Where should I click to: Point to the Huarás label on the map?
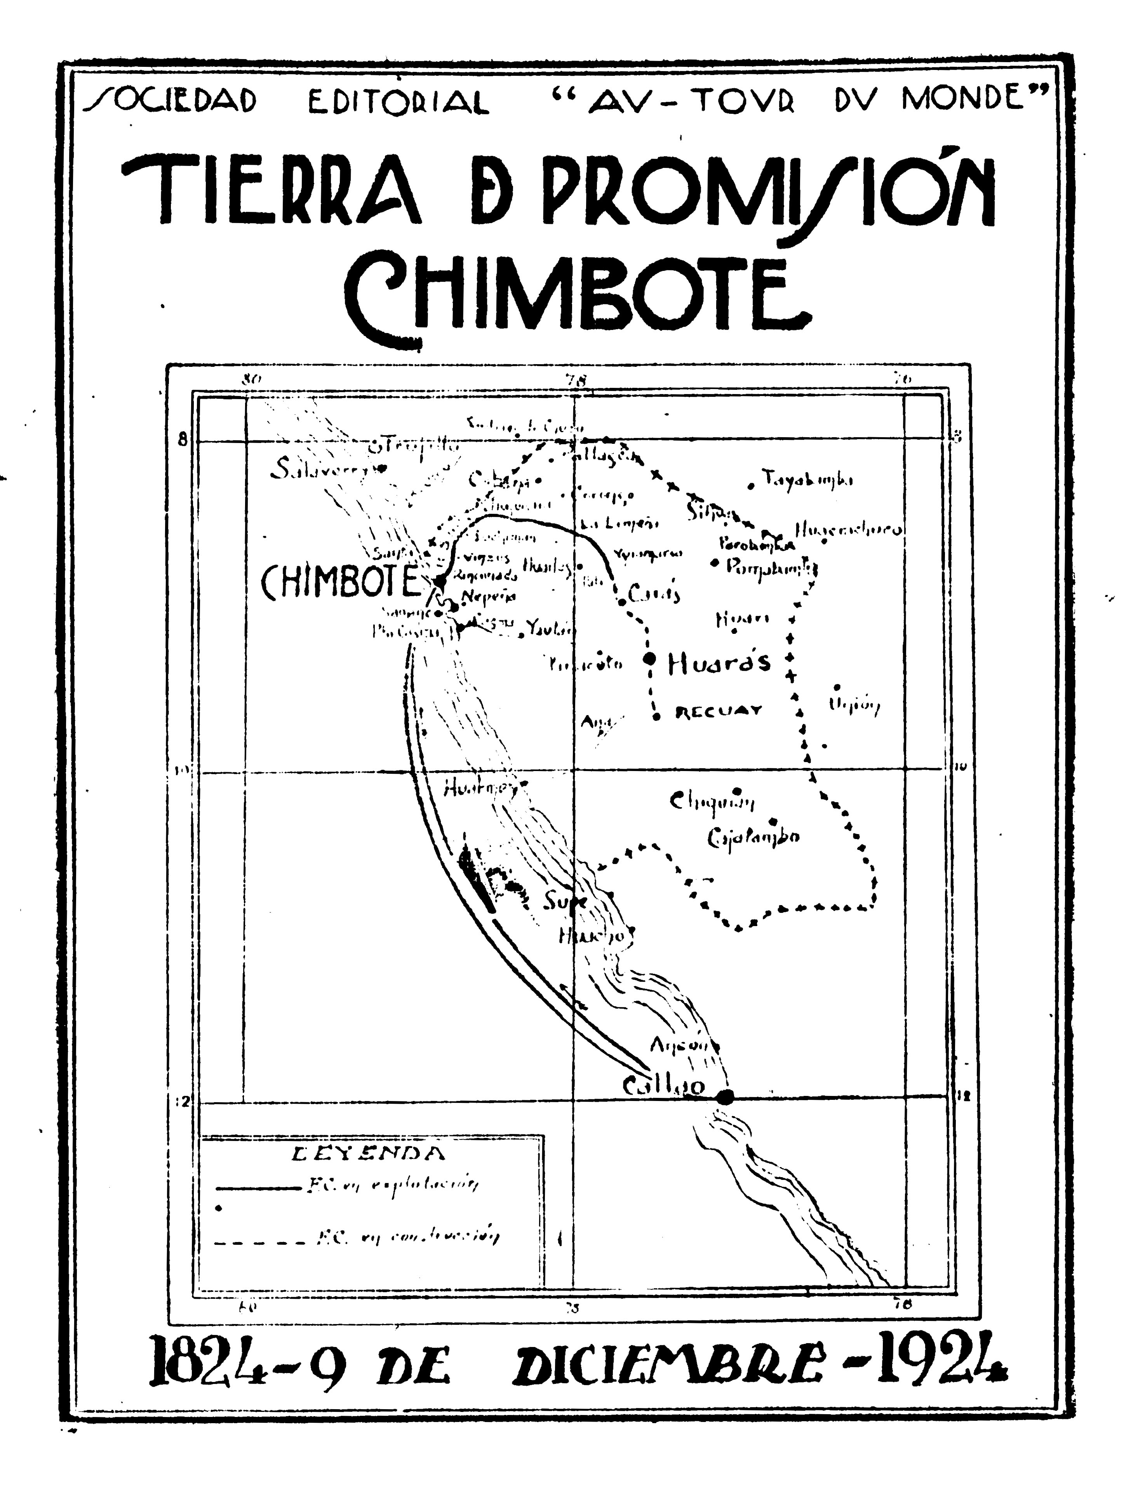tap(719, 663)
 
